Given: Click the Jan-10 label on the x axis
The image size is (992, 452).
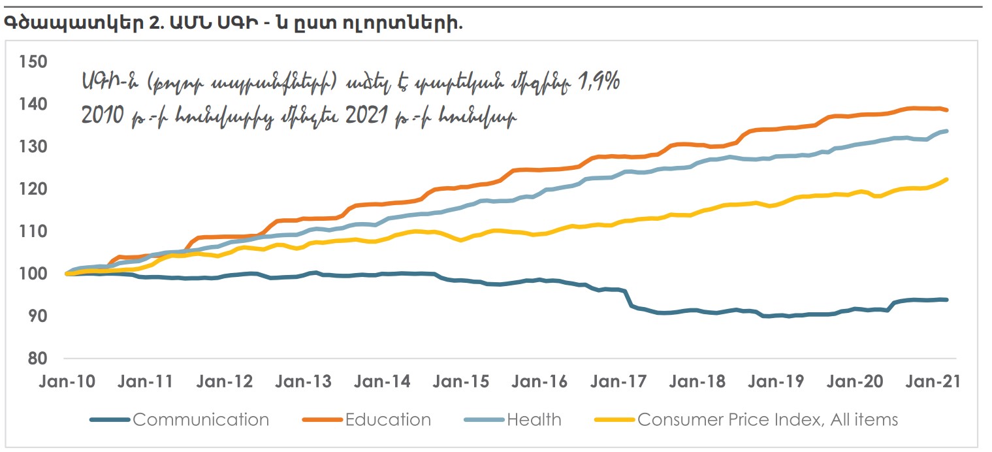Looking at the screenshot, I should pos(66,381).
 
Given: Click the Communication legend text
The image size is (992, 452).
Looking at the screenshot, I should pos(200,419).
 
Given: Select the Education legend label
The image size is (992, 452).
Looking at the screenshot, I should pos(388,419).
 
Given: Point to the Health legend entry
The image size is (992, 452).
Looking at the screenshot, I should pos(534,419).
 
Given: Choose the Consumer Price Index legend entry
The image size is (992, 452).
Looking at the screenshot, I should pos(767,419).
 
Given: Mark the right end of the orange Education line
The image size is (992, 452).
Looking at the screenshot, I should pos(947,110).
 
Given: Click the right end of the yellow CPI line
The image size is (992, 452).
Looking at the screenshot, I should pos(947,180).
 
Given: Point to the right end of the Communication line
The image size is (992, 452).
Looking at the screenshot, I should pos(947,300).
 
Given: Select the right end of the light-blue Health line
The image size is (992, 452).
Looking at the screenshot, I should pos(947,131).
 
